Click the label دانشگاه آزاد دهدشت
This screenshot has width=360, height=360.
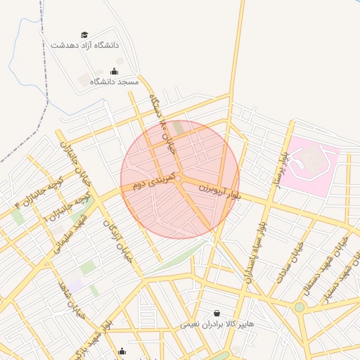[x=85, y=45]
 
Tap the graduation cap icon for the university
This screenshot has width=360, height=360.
[x=85, y=34]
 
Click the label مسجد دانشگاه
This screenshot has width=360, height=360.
[x=114, y=82]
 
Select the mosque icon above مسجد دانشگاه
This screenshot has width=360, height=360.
[x=114, y=71]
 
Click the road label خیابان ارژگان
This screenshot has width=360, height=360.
[x=118, y=239]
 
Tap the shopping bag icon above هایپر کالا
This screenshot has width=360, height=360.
[x=216, y=313]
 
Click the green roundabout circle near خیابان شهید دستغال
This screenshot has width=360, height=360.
[x=300, y=307]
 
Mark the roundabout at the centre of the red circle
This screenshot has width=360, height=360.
[x=179, y=180]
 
